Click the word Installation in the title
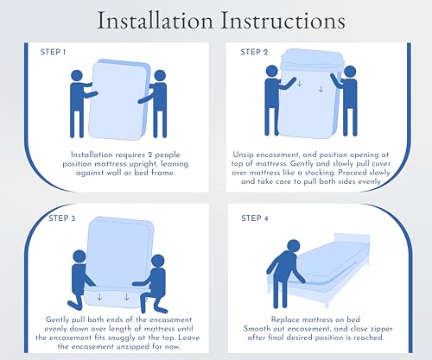pyautogui.click(x=156, y=21)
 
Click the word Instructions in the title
pyautogui.click(x=283, y=21)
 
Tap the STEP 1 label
pyautogui.click(x=53, y=52)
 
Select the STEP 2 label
pyautogui.click(x=254, y=52)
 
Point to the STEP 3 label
pyautogui.click(x=62, y=218)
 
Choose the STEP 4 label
pyautogui.click(x=255, y=218)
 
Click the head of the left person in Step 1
pyautogui.click(x=77, y=76)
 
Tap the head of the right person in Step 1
pyautogui.click(x=160, y=76)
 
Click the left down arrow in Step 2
pyautogui.click(x=300, y=84)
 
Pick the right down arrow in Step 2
pyautogui.click(x=321, y=89)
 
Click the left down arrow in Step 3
pyautogui.click(x=99, y=297)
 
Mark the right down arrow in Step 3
pyautogui.click(x=127, y=297)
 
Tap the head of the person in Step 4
pyautogui.click(x=294, y=247)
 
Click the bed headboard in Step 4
pyautogui.click(x=352, y=239)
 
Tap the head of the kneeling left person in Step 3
pyautogui.click(x=79, y=256)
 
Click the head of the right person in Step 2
pyautogui.click(x=350, y=72)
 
